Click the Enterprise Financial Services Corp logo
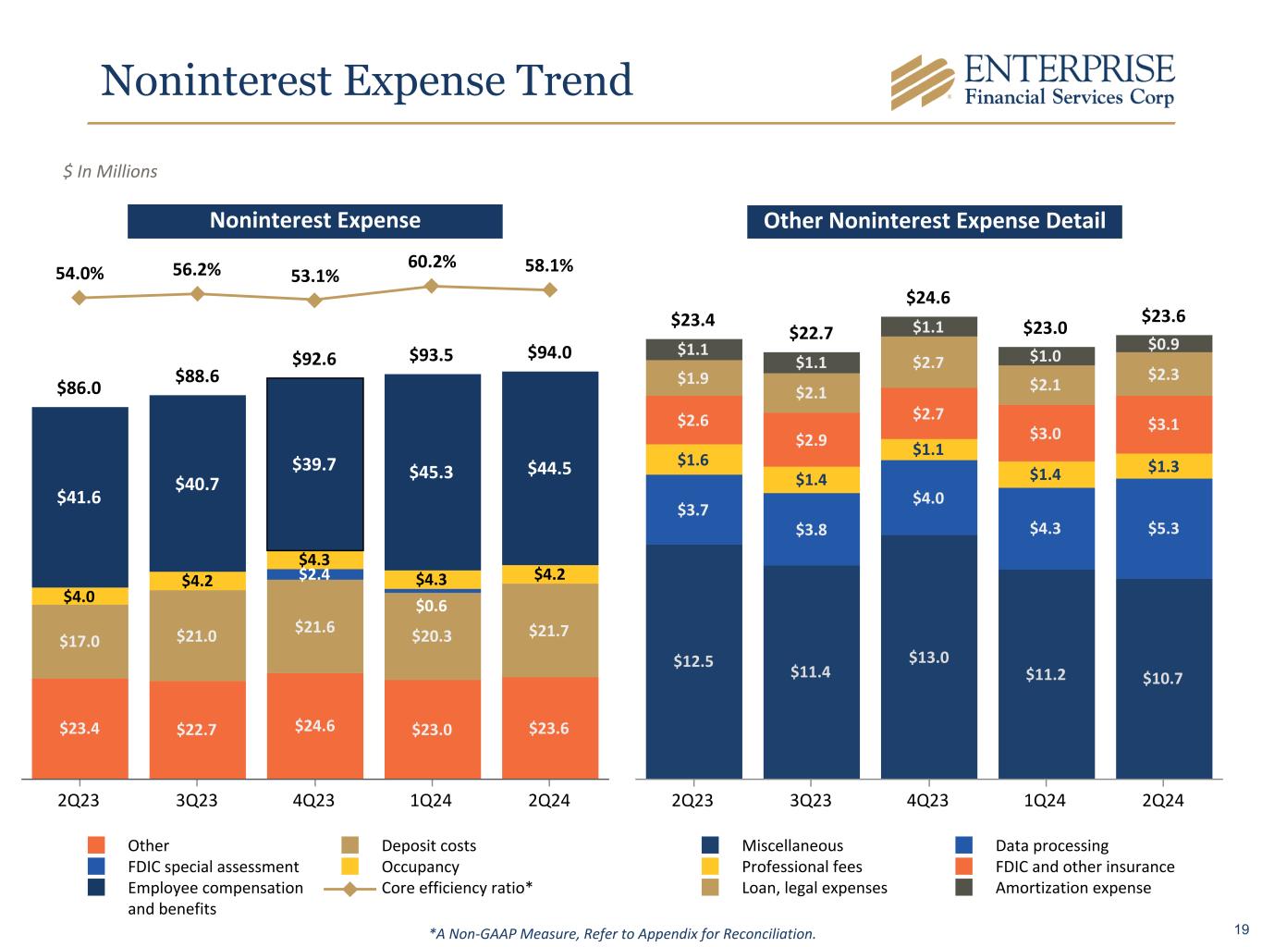[1032, 81]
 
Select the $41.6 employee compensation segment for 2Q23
[80, 497]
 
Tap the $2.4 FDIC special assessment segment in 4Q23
[314, 574]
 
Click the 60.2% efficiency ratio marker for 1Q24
[432, 286]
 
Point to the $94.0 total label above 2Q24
[549, 352]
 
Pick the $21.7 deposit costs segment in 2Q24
[549, 630]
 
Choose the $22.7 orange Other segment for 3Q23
[197, 729]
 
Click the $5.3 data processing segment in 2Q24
[1163, 528]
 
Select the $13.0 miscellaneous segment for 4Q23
[928, 657]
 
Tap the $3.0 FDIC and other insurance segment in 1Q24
[1046, 433]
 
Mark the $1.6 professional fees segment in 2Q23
[693, 460]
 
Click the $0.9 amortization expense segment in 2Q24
[1163, 344]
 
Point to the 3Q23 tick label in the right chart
[811, 800]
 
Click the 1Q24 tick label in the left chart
[432, 800]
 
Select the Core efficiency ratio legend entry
[457, 888]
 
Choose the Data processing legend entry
[1051, 845]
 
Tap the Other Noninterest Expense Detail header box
[934, 221]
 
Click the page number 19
[1241, 929]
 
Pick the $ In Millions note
[110, 171]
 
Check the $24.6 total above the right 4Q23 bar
[928, 297]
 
